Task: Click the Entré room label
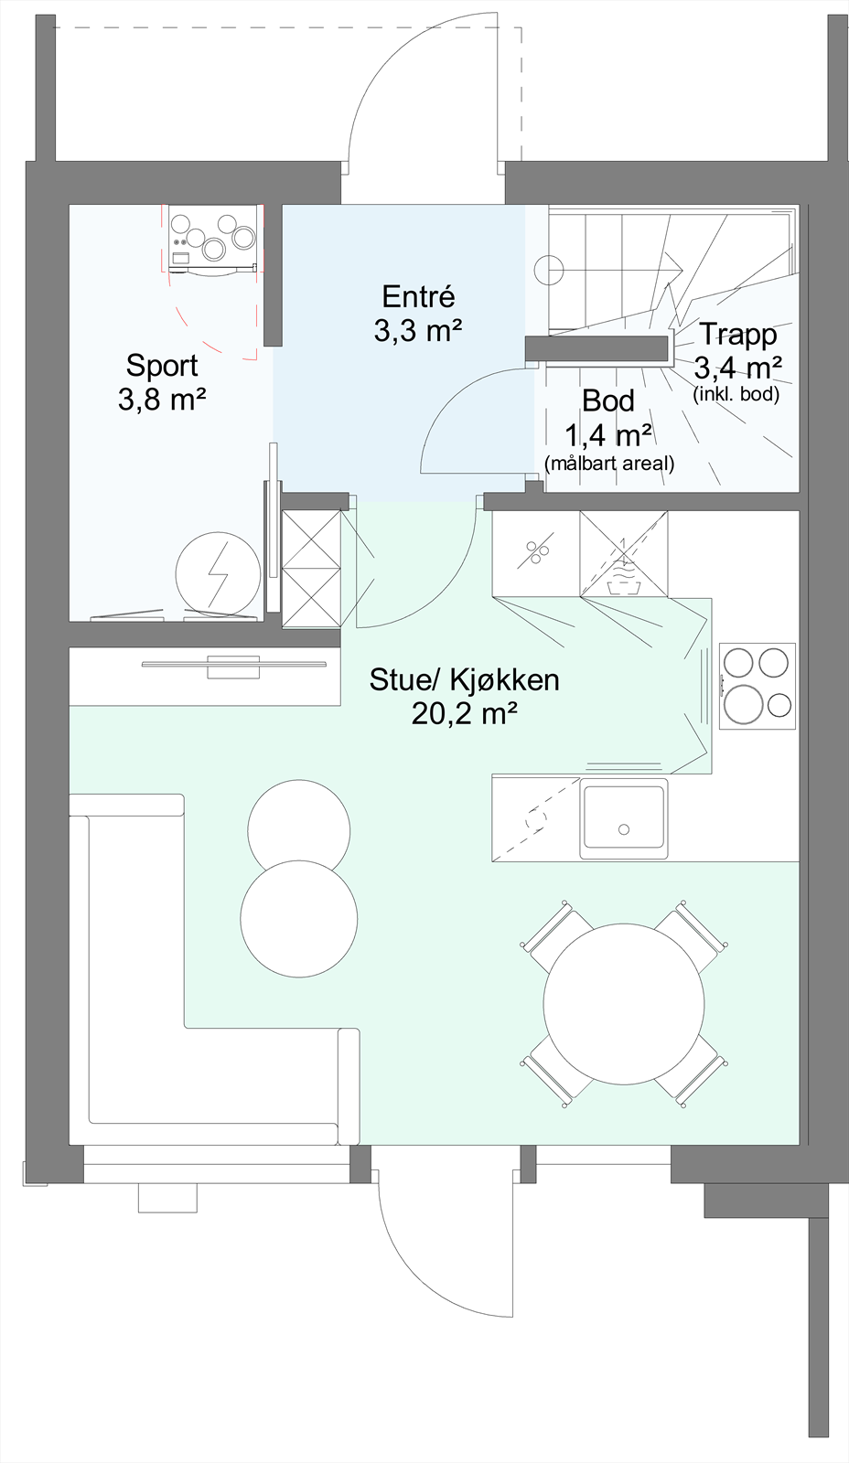418,297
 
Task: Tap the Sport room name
162,366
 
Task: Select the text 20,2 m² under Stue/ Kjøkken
465,713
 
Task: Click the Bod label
607,400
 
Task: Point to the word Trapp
737,335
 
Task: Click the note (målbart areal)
608,464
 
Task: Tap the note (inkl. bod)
736,395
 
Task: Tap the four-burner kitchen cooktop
757,686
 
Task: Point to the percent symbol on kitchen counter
536,552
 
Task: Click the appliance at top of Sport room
212,240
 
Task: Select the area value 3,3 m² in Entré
417,330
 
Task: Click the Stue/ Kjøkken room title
464,680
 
